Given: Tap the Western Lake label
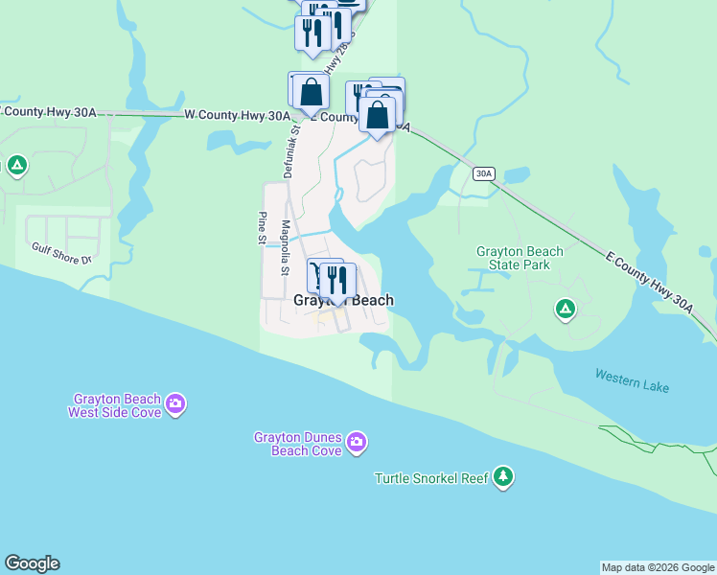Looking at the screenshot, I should pos(632,380).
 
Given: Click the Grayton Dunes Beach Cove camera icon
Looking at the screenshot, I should pos(357,442).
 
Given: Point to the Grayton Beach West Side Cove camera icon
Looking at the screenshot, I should pos(175,403).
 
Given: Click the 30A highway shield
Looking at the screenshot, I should pos(483,173).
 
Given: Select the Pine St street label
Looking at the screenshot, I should pos(261,229).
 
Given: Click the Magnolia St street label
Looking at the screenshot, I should pos(285,248).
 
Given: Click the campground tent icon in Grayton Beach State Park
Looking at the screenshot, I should pos(566,309).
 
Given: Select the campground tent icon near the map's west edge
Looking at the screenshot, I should pos(16,166).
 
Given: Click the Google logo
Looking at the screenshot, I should pos(32,563).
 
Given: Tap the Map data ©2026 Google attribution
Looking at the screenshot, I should pos(658,567).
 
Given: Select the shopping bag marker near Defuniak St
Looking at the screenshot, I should pos(311,93).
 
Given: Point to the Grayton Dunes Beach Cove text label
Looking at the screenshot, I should pos(297,444).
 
